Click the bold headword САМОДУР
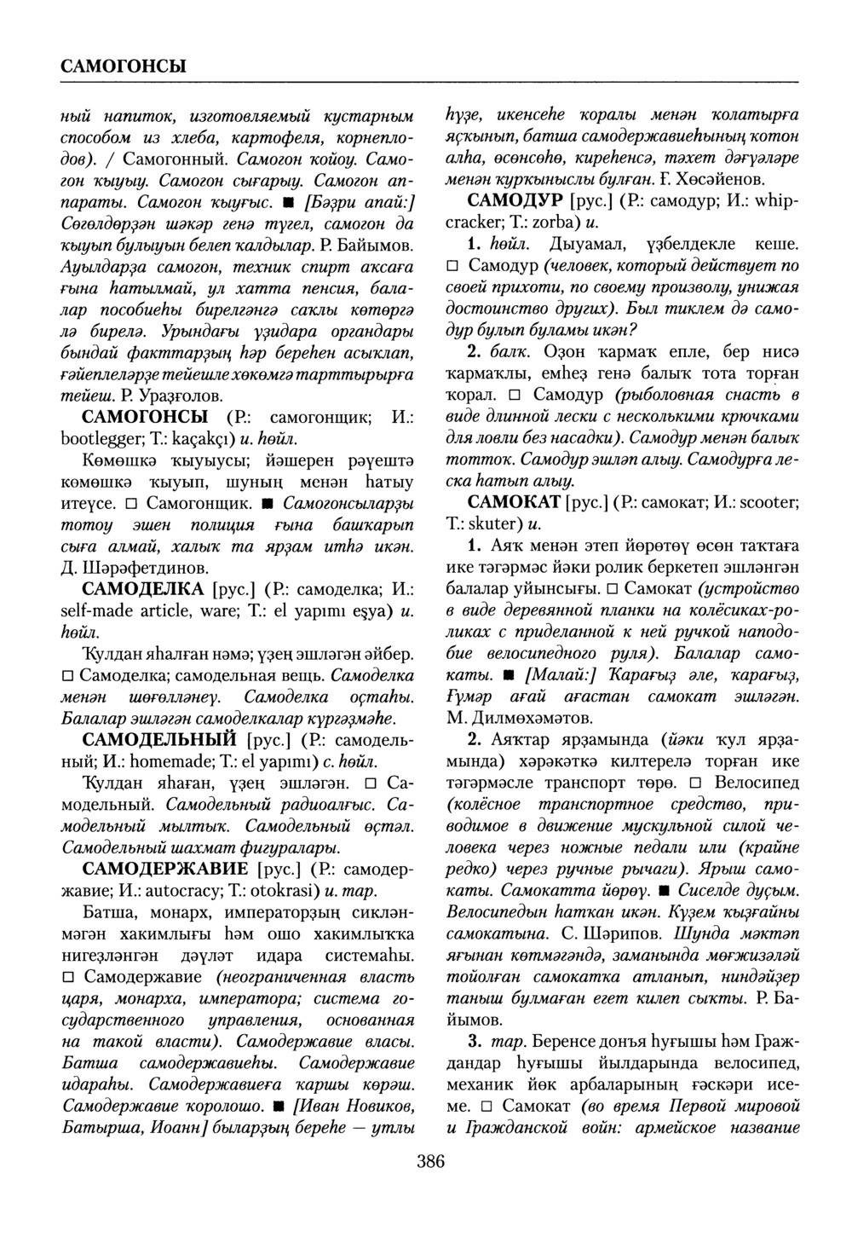(515, 201)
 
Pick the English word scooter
(767, 501)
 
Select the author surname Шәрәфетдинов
(143, 567)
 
